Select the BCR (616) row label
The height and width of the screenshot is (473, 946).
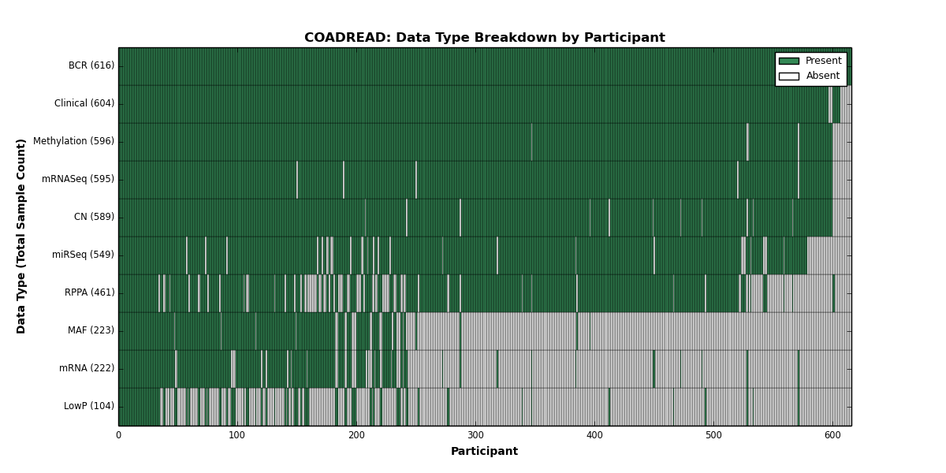91,65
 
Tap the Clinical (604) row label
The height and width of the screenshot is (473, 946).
84,103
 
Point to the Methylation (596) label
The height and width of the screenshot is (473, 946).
73,141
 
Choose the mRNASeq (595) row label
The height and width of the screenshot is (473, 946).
78,179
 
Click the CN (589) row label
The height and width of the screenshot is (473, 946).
94,217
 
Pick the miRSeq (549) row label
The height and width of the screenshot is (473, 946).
83,255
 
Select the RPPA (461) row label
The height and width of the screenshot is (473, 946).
90,292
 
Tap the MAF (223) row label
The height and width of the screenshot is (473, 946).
91,330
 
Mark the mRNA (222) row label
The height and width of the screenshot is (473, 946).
87,368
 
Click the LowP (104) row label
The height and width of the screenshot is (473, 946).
88,406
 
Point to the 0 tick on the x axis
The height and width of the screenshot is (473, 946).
119,435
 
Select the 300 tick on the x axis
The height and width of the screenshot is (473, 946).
475,435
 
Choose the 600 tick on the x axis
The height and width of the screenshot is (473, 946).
832,435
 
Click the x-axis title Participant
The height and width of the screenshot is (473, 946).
484,451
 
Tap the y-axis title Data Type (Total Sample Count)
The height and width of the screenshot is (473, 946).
20,236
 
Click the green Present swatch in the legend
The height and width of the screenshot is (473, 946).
789,61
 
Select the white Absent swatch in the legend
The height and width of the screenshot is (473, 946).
789,76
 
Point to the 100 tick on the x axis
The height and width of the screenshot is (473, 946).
237,435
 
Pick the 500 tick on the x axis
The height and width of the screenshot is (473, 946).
713,435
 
